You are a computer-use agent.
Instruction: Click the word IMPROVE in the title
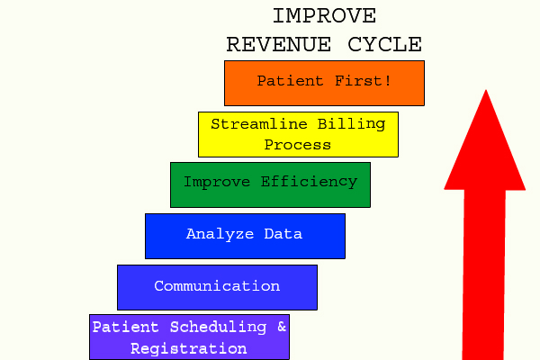click(x=324, y=16)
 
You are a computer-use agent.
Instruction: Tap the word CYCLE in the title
click(x=386, y=44)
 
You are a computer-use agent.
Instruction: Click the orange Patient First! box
click(x=324, y=83)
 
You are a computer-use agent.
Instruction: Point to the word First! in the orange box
click(x=363, y=81)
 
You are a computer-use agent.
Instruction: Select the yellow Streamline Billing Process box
click(x=298, y=134)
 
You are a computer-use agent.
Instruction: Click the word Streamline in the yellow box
click(x=256, y=124)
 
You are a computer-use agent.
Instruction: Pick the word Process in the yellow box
click(x=298, y=144)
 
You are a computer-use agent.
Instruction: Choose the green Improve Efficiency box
click(x=270, y=184)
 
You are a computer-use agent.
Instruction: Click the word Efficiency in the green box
click(x=310, y=182)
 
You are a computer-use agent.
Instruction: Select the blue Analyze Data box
click(x=245, y=236)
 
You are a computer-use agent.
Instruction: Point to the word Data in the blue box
click(x=283, y=234)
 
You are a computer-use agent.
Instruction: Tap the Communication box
click(x=217, y=287)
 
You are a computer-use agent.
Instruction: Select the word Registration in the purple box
click(x=189, y=348)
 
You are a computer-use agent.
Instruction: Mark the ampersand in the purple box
click(x=282, y=328)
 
